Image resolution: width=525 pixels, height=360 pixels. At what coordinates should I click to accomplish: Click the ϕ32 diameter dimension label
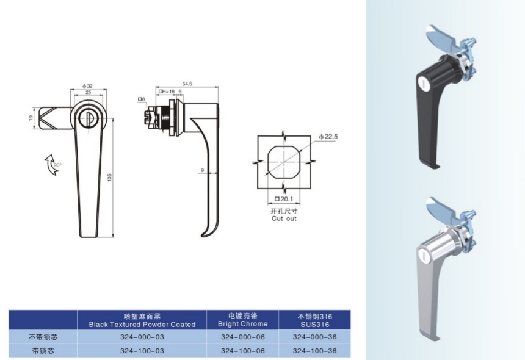coord(87,86)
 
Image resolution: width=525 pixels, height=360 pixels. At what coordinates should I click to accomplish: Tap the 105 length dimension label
coord(109,178)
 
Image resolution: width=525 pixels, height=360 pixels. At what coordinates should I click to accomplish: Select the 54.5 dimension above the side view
coord(187,84)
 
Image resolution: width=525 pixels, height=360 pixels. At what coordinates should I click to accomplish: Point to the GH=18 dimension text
coord(167,92)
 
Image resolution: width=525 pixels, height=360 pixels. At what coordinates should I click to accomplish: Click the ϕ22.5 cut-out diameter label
coord(328,137)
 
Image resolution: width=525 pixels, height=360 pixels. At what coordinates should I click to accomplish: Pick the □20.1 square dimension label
coord(284,199)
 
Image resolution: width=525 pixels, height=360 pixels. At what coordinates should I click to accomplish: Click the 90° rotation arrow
coord(52,165)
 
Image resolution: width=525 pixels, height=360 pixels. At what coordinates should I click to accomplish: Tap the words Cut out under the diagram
coord(284,218)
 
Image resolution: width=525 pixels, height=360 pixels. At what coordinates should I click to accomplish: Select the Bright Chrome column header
coord(242,324)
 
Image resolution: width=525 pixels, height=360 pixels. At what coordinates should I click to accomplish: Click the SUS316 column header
coord(315,324)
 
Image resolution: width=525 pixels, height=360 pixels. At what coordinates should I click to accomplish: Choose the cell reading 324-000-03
coord(142,337)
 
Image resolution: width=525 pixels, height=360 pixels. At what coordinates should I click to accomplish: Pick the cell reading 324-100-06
coord(243,351)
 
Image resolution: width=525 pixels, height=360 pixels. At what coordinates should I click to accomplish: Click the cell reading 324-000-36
coord(314,337)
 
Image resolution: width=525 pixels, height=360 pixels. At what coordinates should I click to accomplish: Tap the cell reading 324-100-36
coord(314,351)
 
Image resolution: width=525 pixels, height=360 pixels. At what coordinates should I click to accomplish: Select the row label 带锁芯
coord(43,351)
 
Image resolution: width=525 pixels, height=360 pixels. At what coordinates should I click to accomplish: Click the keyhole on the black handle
coord(422,81)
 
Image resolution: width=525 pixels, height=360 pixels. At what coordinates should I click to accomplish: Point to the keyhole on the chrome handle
coord(422,256)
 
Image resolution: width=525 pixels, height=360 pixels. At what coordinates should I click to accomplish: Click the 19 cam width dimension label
coord(31,118)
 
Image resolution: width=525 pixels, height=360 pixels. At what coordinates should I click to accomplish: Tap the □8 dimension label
coord(141,99)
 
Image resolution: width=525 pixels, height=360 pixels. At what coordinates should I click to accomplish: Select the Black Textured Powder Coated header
coord(142,324)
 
